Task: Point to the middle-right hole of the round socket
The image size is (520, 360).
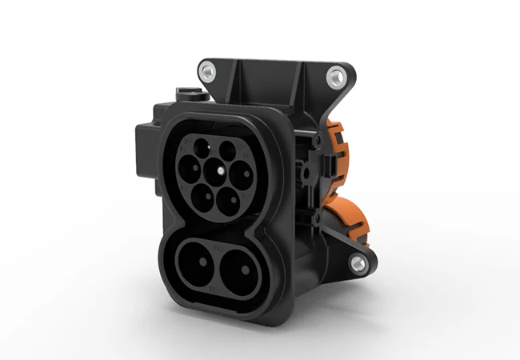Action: click(238, 171)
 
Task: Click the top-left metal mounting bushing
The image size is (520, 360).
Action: click(209, 73)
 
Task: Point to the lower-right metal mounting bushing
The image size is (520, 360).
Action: click(357, 262)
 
